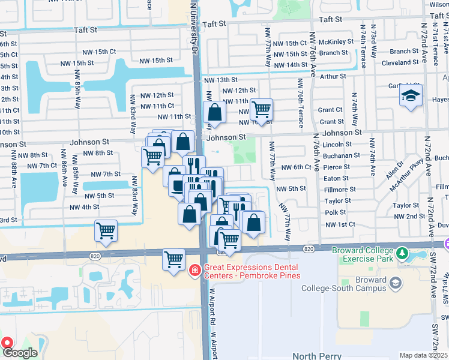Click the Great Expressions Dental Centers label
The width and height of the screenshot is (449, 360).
pyautogui.click(x=252, y=271)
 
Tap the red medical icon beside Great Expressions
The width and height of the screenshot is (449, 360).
pyautogui.click(x=194, y=271)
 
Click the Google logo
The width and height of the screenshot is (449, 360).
pyautogui.click(x=20, y=353)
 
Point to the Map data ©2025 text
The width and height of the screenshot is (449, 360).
pyautogui.click(x=423, y=355)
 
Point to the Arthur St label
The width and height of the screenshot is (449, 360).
pyautogui.click(x=333, y=76)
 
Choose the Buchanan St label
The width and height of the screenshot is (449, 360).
pyautogui.click(x=342, y=155)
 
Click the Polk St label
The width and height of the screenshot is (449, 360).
pyautogui.click(x=335, y=212)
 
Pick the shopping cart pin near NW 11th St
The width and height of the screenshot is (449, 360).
pyautogui.click(x=261, y=110)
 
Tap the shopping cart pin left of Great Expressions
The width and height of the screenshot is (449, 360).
pyautogui.click(x=173, y=260)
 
